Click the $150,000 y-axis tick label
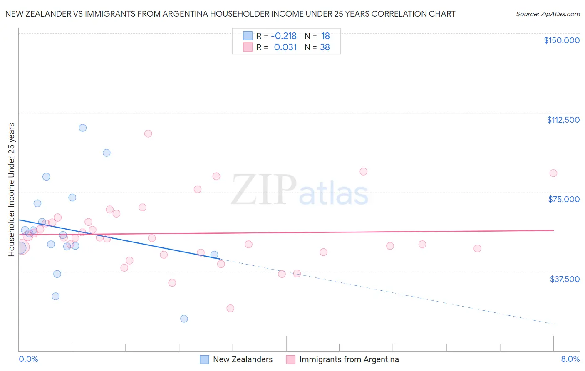pos(561,40)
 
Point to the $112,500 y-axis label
pos(563,120)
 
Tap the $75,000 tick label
pos(564,199)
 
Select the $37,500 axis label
pos(565,279)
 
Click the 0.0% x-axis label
pos(28,359)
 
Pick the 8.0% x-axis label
pos(570,359)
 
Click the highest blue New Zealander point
pos(83,128)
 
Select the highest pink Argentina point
pos(148,134)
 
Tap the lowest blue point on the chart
pos(184,319)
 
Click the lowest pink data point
pos(230,308)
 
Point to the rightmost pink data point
pos(553,173)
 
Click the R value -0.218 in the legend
pos(283,36)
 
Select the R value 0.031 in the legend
pos(285,47)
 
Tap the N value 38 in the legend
pos(325,47)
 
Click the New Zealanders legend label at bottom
pos(243,359)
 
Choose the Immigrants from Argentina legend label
pos(349,359)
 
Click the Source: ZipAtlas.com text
pos(548,14)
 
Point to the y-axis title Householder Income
pos(12,189)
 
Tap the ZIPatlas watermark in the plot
pos(300,190)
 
